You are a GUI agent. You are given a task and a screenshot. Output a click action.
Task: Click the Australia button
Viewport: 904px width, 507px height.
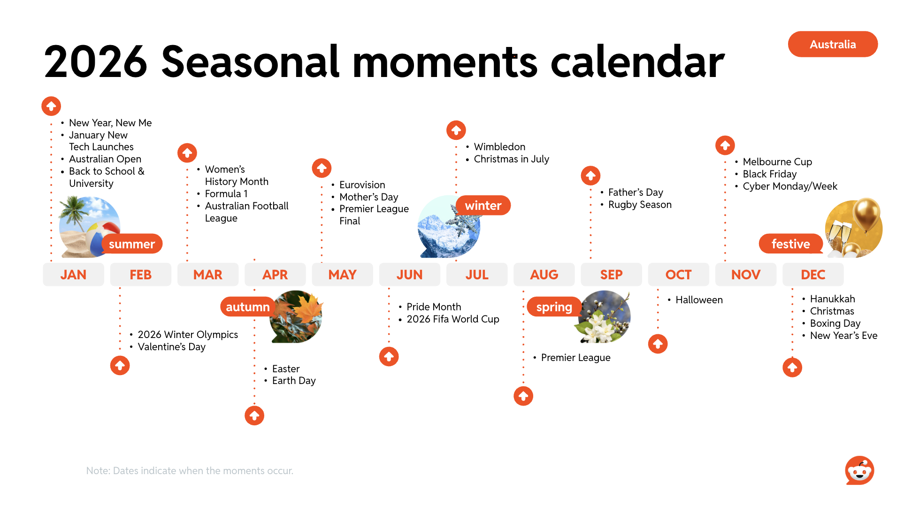(833, 44)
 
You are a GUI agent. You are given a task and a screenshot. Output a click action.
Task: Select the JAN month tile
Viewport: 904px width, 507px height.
(73, 275)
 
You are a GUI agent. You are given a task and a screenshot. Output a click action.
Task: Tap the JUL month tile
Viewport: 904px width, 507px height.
(477, 275)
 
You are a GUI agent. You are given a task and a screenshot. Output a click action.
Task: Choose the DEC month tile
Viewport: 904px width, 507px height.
(813, 275)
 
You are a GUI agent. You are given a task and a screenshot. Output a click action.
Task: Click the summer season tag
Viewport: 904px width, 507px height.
(132, 244)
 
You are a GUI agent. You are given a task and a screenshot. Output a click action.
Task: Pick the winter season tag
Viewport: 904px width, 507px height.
(483, 205)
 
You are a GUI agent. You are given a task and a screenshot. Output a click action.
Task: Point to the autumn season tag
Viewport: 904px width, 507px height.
(248, 307)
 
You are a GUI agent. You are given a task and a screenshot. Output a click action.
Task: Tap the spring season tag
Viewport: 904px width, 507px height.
(554, 307)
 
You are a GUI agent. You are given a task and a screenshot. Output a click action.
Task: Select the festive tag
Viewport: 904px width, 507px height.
(791, 244)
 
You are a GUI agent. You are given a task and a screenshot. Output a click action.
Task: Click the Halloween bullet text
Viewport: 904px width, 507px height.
(699, 300)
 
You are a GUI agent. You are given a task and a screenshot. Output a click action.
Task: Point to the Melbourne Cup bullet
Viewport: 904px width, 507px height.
(777, 161)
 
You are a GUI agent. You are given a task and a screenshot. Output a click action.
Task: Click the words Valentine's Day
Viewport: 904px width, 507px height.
(172, 347)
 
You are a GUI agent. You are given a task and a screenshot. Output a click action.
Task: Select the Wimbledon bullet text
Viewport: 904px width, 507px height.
(499, 146)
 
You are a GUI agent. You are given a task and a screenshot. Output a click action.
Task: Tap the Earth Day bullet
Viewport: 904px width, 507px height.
(294, 380)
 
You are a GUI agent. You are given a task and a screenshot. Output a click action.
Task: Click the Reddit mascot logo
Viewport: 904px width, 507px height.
(859, 470)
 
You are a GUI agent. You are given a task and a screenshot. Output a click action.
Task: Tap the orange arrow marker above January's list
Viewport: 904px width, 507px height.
(51, 106)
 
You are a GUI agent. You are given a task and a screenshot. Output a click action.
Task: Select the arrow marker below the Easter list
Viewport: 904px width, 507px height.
(254, 415)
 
